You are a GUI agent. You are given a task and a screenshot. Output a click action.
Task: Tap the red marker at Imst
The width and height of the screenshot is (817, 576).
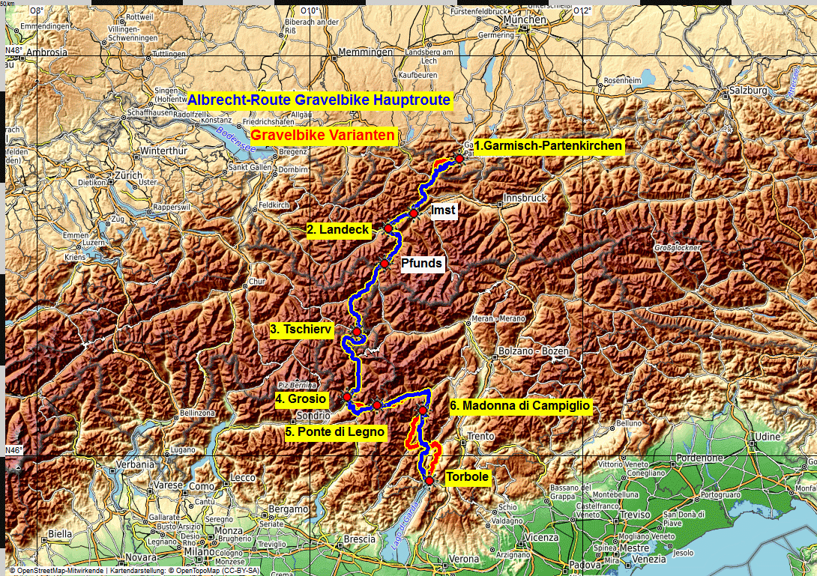coord(414,213)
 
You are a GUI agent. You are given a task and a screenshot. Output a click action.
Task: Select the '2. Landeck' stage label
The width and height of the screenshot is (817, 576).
coord(339,231)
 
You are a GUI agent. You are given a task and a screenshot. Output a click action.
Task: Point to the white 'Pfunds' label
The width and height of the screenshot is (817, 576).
coord(421,264)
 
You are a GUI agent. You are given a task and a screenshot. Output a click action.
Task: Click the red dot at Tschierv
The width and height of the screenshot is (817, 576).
coord(358,332)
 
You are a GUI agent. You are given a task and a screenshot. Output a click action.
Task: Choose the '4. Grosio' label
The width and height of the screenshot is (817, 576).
coord(300,399)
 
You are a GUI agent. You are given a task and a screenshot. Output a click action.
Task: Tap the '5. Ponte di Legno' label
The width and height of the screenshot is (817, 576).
coord(335,431)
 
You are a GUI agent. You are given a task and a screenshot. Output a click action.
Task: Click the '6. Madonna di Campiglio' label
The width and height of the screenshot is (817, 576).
coord(521,406)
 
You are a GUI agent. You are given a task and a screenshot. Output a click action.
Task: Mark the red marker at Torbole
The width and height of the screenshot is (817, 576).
coord(429,481)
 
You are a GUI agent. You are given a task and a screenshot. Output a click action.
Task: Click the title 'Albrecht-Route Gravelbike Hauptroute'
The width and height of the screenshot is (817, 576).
coord(319,100)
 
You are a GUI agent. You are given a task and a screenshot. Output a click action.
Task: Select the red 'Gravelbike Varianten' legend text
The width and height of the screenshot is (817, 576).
coord(323,136)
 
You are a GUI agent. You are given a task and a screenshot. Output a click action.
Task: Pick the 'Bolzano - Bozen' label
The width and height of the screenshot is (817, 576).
coord(528,351)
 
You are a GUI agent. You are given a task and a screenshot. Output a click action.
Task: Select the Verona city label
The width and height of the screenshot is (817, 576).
coord(464,559)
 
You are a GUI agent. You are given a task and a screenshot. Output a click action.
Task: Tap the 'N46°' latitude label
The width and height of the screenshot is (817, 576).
coord(15,450)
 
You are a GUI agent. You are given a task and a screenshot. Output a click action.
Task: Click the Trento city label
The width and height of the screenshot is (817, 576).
coord(480,436)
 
